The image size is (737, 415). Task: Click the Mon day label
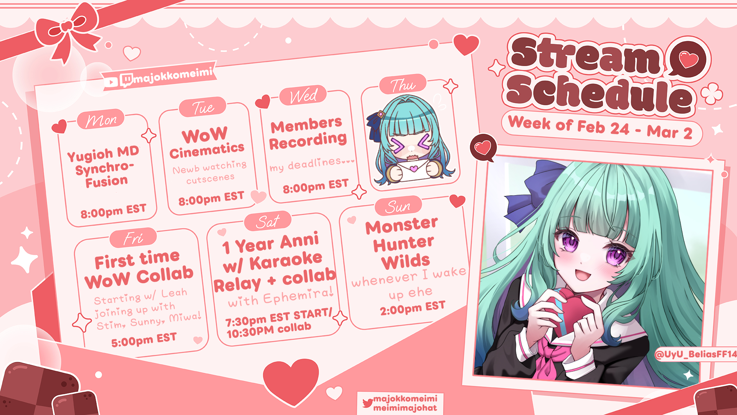(101, 120)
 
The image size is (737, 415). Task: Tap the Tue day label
(203, 107)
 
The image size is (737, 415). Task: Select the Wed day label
(303, 95)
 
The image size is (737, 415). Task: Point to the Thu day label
(403, 85)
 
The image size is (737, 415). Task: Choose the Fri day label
(133, 238)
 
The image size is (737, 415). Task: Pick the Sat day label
(268, 222)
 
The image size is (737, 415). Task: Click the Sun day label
(398, 207)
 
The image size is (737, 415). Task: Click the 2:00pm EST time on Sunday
(413, 308)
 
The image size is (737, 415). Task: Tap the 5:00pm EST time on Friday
(144, 340)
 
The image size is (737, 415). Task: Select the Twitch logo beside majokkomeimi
(126, 80)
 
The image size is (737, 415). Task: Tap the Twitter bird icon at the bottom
(367, 403)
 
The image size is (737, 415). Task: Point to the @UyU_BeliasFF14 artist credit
(696, 354)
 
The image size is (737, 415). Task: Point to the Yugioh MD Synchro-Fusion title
(104, 167)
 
